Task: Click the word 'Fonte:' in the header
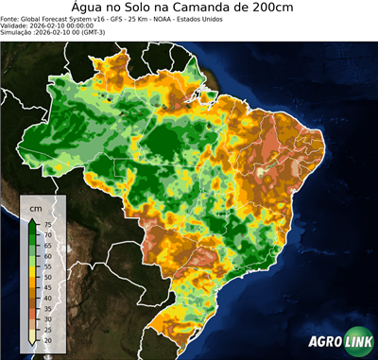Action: tap(12, 17)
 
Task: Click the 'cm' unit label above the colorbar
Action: tap(36, 207)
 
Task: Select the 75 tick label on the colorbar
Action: tap(47, 223)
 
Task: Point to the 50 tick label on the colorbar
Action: tap(47, 275)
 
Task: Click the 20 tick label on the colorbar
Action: tap(47, 337)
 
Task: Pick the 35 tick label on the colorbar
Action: tap(47, 306)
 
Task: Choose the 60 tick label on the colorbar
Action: tap(47, 254)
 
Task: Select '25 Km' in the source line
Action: tap(122, 17)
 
